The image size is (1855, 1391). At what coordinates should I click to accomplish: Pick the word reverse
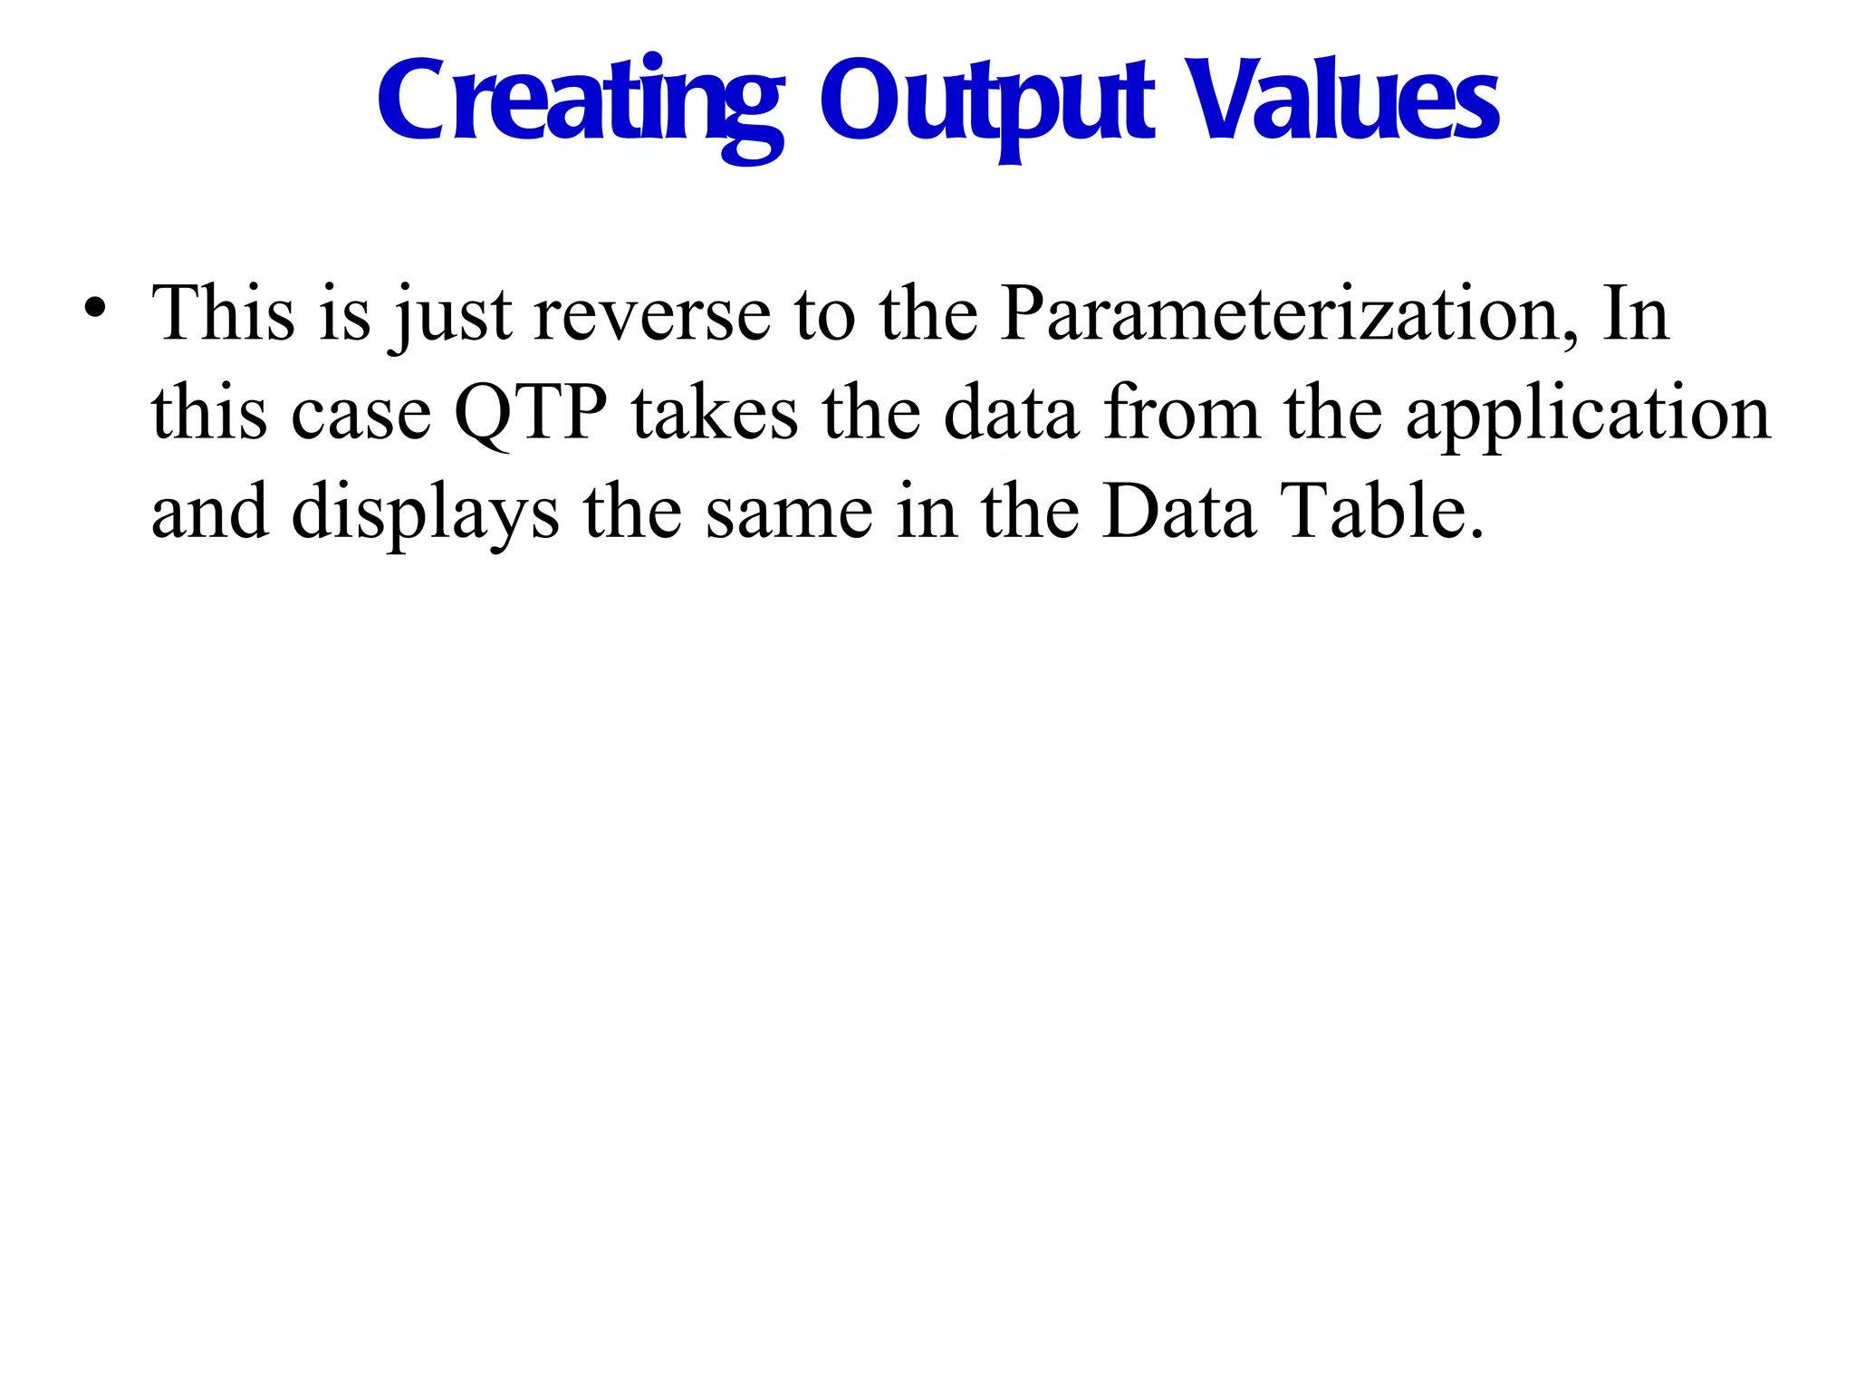click(652, 314)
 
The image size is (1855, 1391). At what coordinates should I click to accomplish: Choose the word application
click(1588, 414)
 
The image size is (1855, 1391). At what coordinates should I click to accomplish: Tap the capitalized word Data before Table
click(1178, 512)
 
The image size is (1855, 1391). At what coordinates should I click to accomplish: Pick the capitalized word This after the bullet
click(223, 314)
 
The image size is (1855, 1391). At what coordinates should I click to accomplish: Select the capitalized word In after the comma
click(1635, 314)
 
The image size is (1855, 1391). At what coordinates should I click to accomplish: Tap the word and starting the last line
click(209, 512)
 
